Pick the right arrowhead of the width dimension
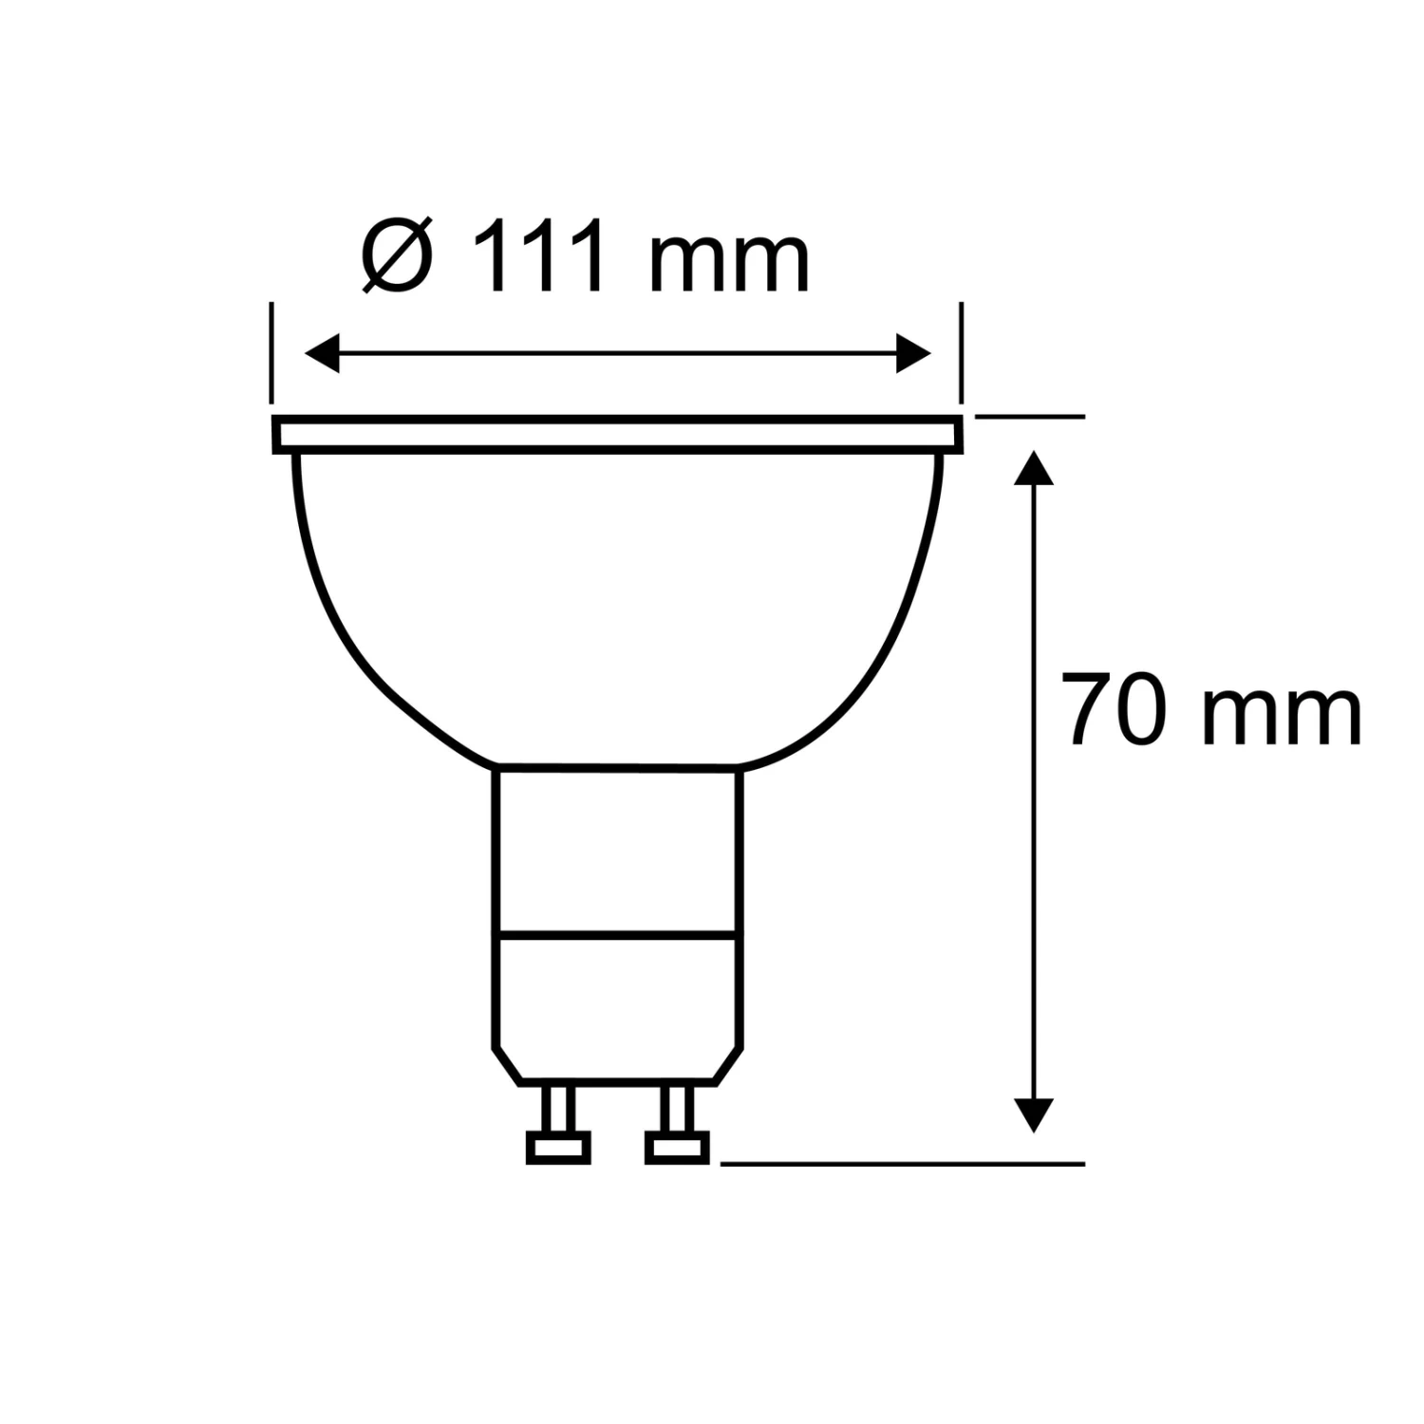913,353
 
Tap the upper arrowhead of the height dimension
1034,469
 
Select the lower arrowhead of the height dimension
1034,1115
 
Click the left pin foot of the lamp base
558,1147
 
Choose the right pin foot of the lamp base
677,1147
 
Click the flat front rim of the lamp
617,435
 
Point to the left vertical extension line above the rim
272,353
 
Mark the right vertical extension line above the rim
961,353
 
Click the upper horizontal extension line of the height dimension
1030,416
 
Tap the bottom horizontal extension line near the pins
902,1163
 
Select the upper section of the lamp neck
617,847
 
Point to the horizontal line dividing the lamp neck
617,932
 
